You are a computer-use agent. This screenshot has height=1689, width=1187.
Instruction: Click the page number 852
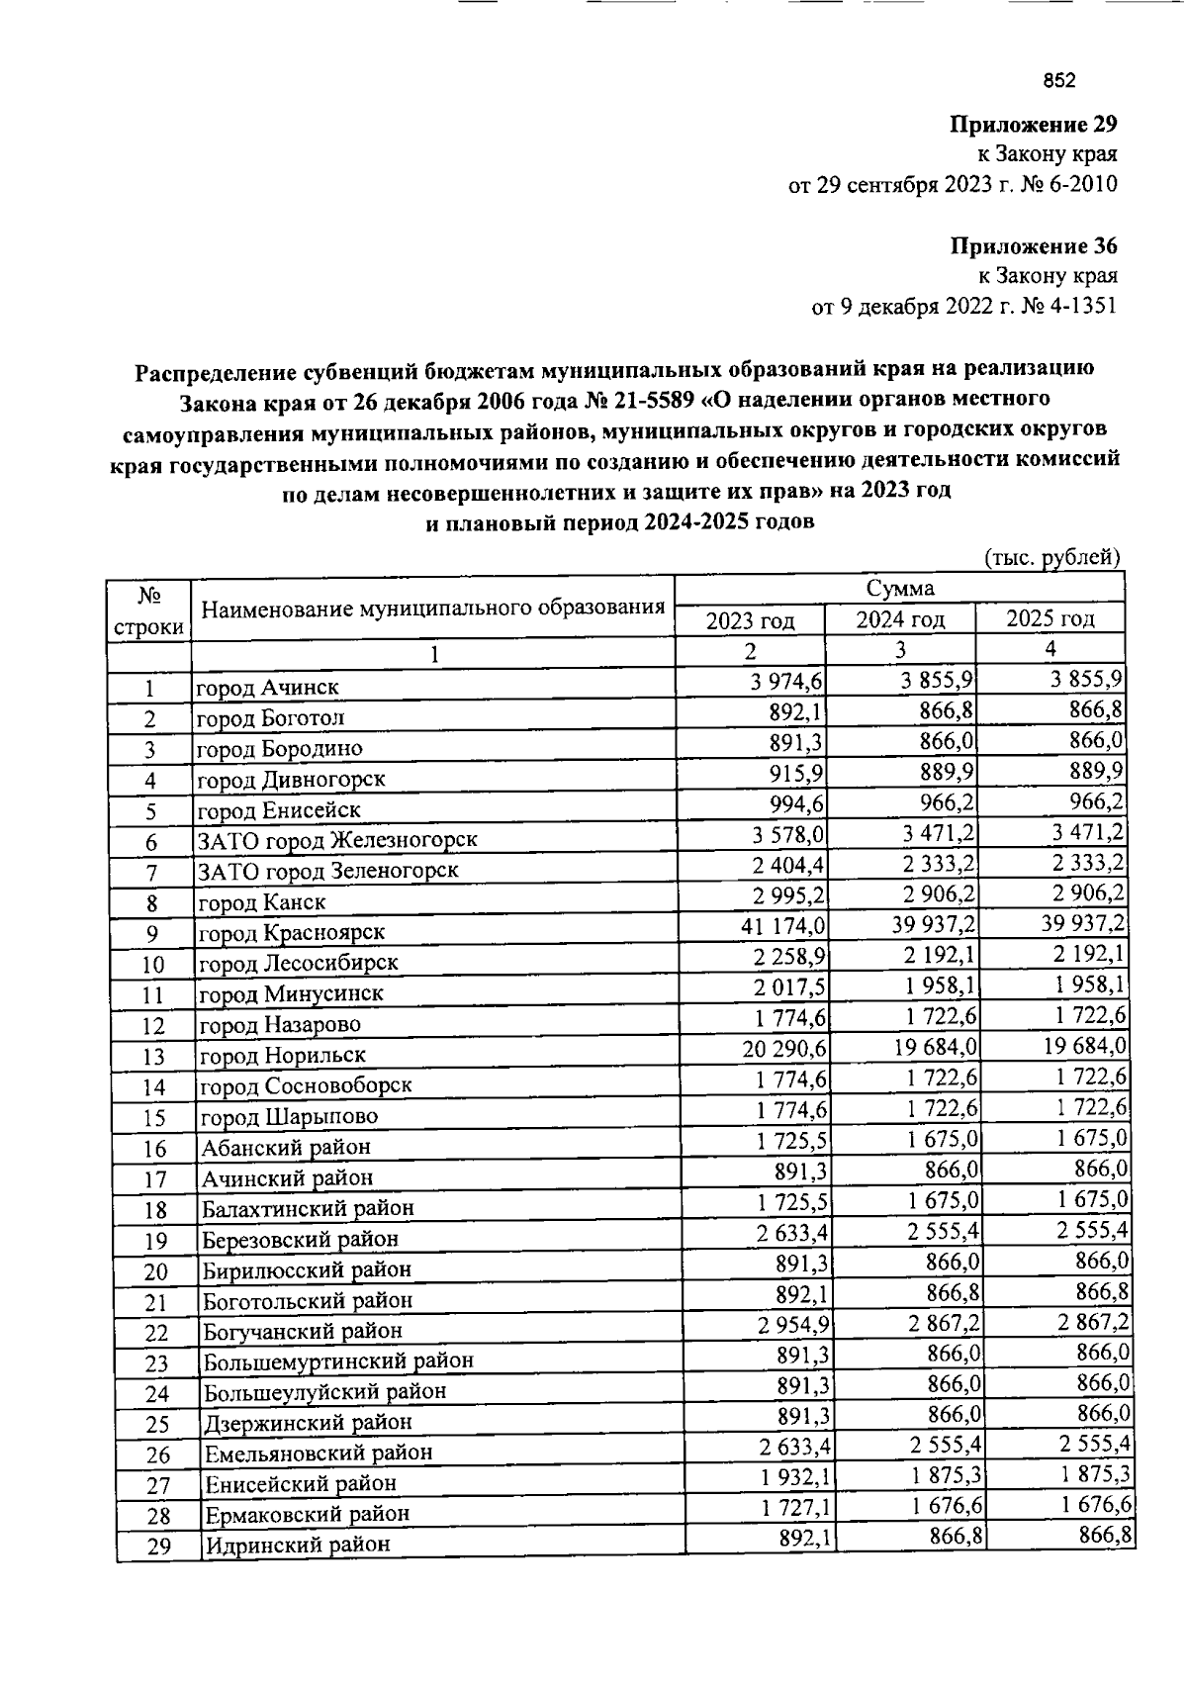[1058, 81]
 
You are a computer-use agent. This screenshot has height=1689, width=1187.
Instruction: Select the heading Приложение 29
[1033, 125]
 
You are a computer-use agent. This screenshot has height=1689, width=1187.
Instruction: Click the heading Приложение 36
[1033, 245]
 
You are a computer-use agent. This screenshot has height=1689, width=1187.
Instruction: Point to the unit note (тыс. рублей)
[1051, 557]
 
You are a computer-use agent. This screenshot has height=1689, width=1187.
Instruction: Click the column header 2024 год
[900, 620]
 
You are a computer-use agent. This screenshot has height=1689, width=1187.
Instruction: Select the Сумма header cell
[900, 589]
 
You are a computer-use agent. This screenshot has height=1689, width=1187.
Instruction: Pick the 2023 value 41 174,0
[783, 927]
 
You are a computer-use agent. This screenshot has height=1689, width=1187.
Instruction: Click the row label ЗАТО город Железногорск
[337, 840]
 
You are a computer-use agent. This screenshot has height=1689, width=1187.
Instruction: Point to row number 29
[158, 1546]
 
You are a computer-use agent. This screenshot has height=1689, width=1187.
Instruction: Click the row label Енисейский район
[300, 1483]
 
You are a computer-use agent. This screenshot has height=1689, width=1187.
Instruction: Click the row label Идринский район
[296, 1545]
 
